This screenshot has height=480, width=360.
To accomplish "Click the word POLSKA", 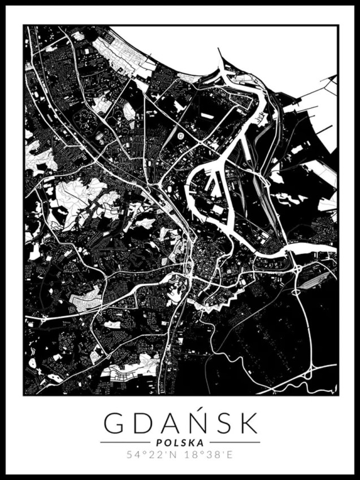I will [x=180, y=443].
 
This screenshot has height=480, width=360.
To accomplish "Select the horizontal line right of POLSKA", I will [x=235, y=442].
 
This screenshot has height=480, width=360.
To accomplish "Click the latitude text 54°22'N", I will [x=149, y=455].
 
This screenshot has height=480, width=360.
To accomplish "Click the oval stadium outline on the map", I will [x=180, y=136].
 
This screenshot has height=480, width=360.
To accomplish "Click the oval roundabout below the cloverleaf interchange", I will [x=296, y=292].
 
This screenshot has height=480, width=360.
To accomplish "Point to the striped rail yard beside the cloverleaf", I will [x=319, y=277].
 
